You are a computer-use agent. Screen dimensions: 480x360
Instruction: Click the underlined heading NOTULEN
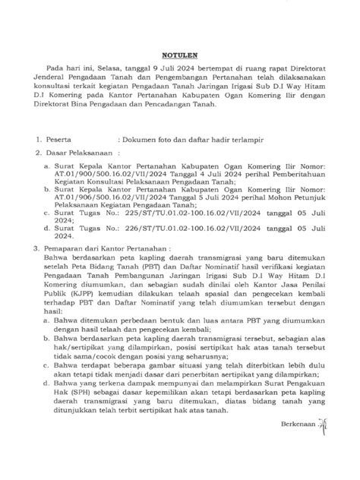click(179, 55)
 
